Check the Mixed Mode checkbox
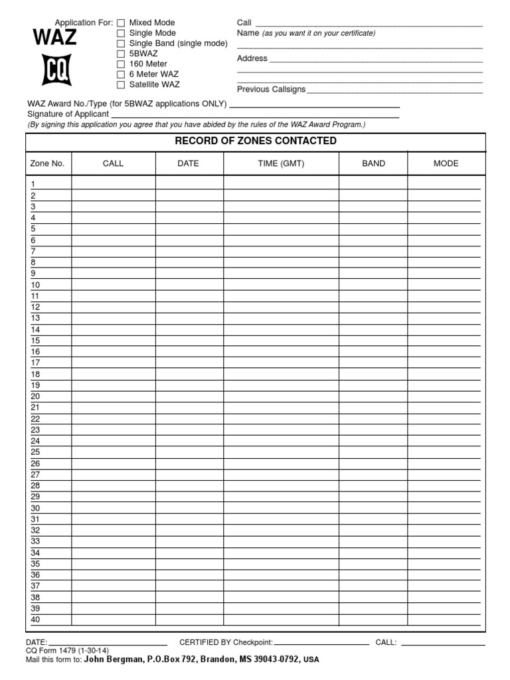tap(121, 23)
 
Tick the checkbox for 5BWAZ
tap(121, 54)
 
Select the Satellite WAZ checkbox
tap(121, 85)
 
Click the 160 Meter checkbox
tap(121, 64)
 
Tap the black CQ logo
tap(56, 70)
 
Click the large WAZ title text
tap(55, 38)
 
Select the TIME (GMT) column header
tap(281, 163)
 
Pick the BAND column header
tap(373, 163)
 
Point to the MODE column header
tap(446, 163)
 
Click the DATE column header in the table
tap(188, 163)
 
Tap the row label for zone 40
tap(36, 620)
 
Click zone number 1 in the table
tap(33, 184)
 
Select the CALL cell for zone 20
tap(114, 396)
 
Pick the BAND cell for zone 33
tap(373, 541)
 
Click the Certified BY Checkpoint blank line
tap(321, 643)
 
